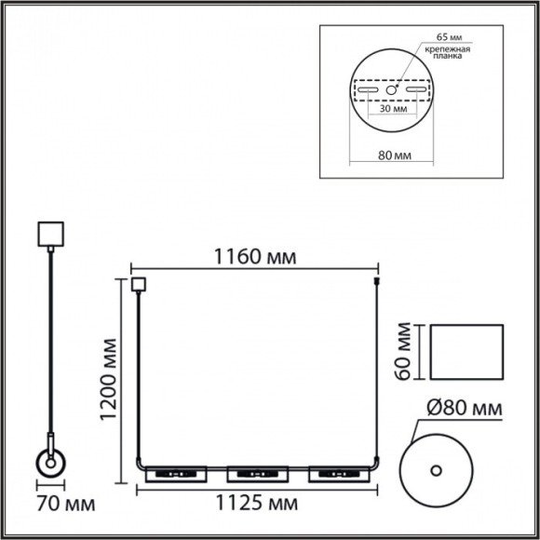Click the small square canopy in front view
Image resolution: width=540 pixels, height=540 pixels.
[x=140, y=285]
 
